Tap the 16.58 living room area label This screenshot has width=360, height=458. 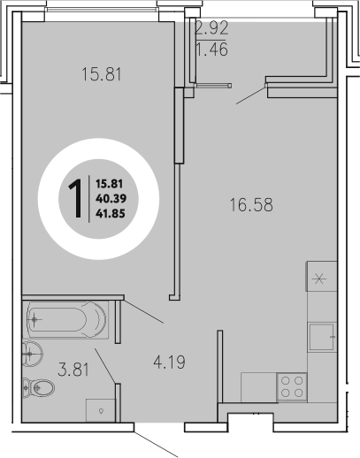pyautogui.click(x=250, y=205)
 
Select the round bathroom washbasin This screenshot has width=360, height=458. pyautogui.click(x=32, y=353)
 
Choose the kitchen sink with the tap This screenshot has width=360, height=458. pyautogui.click(x=322, y=337)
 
